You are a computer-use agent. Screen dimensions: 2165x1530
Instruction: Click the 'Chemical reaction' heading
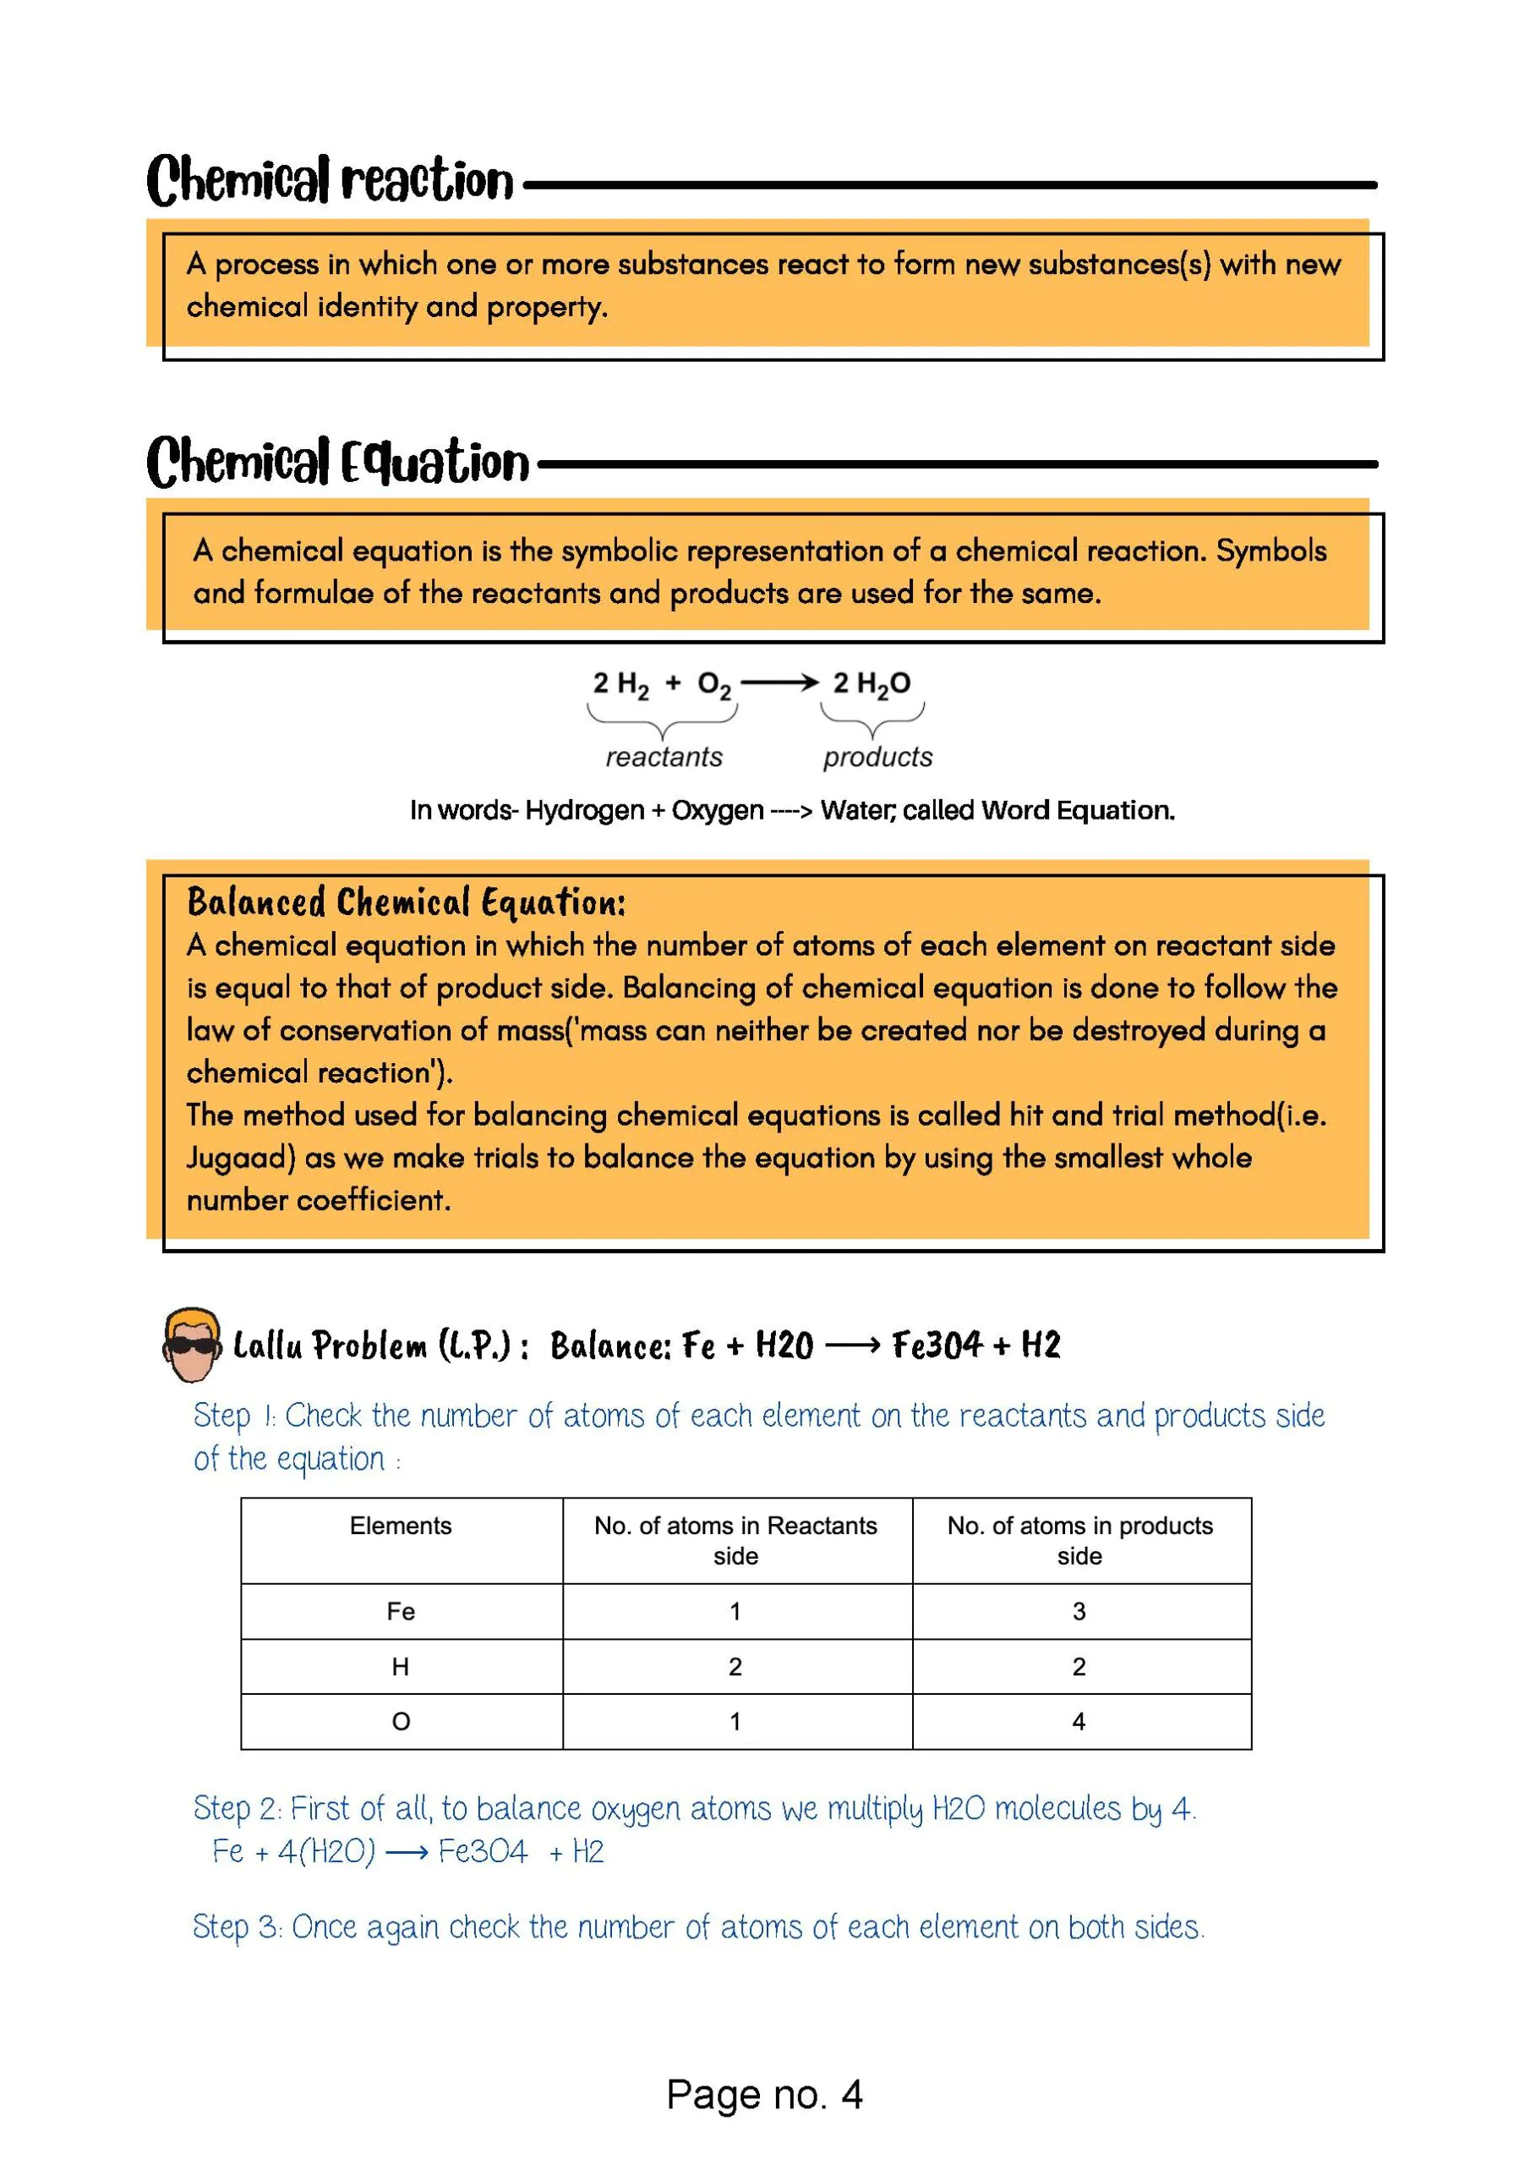pyautogui.click(x=330, y=181)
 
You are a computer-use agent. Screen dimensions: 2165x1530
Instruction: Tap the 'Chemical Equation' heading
pyautogui.click(x=337, y=462)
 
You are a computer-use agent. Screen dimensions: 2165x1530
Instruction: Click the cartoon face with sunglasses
pyautogui.click(x=191, y=1344)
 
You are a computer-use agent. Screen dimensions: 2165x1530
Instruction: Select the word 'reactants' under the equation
pyautogui.click(x=664, y=756)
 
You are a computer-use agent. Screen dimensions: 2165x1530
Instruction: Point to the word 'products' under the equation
pyautogui.click(x=877, y=756)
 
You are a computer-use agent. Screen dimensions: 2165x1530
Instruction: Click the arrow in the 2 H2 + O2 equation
pyautogui.click(x=779, y=682)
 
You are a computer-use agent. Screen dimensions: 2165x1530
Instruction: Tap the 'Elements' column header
pyautogui.click(x=401, y=1526)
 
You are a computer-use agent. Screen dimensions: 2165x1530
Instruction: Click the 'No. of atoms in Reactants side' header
pyautogui.click(x=735, y=1540)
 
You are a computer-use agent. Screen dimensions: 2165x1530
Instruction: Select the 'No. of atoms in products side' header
pyautogui.click(x=1079, y=1540)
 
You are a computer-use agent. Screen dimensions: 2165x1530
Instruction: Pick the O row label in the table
pyautogui.click(x=401, y=1722)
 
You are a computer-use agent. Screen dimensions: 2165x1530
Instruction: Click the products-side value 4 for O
pyautogui.click(x=1079, y=1722)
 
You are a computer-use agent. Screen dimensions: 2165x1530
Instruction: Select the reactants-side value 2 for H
pyautogui.click(x=735, y=1667)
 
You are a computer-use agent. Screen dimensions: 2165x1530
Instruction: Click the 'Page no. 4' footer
pyautogui.click(x=763, y=2094)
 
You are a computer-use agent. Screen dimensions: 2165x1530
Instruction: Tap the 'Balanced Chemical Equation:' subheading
pyautogui.click(x=407, y=902)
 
